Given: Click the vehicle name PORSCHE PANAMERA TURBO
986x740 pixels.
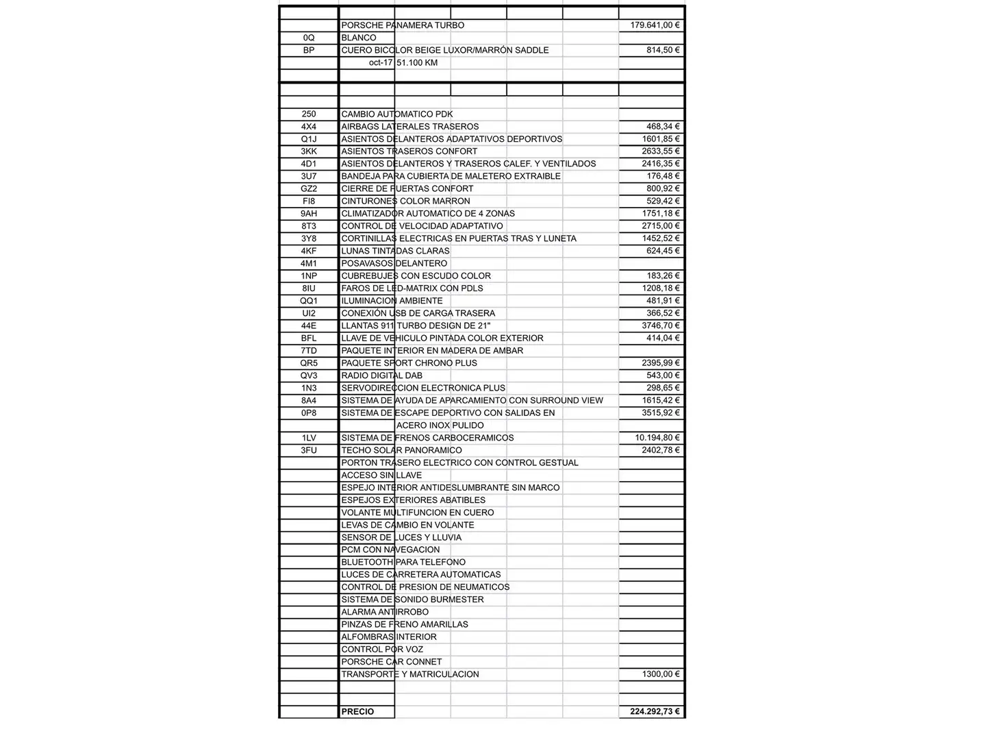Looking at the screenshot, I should coord(403,25).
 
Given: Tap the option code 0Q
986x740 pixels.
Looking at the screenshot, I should coord(309,38).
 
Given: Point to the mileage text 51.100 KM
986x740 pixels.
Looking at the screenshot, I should coord(417,62).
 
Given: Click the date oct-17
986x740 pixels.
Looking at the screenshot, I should coord(381,62).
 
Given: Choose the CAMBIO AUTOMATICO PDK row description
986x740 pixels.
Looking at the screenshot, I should coord(397,114).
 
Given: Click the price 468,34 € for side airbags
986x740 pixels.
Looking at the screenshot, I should coord(663,127).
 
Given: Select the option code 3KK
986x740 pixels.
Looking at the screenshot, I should coord(309,151).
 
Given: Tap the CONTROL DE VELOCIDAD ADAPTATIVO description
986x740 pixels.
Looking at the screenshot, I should coord(422,226).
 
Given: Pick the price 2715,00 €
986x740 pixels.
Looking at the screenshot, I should coord(661,226).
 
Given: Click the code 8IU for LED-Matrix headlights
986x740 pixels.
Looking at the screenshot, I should coord(309,288).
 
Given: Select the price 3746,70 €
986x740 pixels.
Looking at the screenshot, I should coord(661,325).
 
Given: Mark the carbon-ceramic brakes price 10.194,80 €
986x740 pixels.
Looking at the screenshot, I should coord(657,438).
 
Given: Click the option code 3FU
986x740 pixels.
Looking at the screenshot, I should coord(309,450).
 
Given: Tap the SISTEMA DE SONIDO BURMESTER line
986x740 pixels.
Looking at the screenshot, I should coord(412,600).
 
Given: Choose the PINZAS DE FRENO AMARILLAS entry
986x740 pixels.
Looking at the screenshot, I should coord(405,624).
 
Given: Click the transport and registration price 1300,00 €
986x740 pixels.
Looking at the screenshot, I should coord(661,674).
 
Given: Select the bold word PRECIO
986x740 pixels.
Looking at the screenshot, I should coord(357,712).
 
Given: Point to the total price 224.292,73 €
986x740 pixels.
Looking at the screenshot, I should coord(655,712).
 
